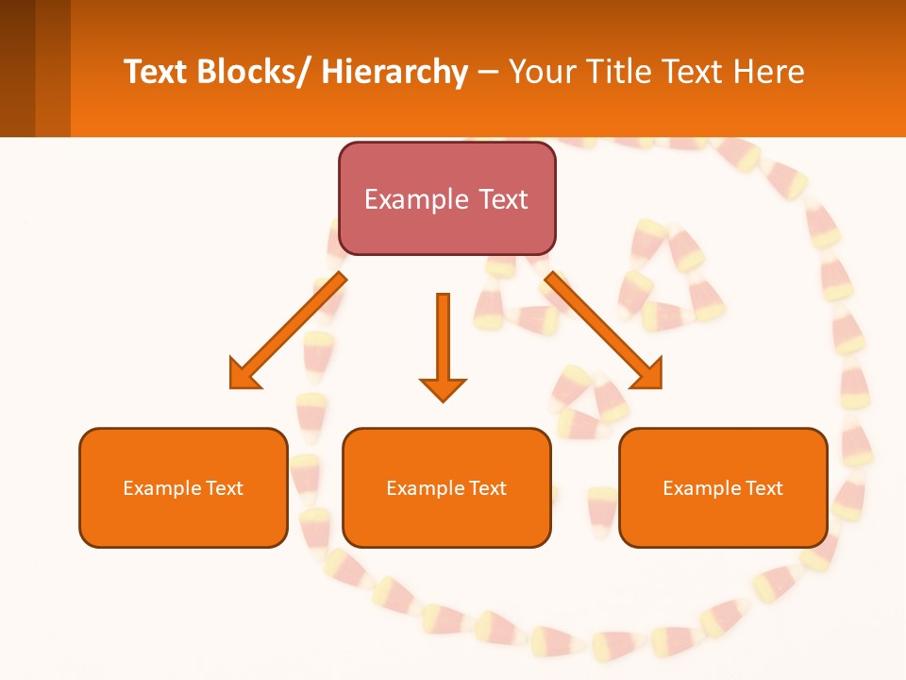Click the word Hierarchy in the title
click(x=394, y=72)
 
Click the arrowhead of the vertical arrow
click(x=443, y=388)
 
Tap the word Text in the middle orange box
click(x=486, y=488)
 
